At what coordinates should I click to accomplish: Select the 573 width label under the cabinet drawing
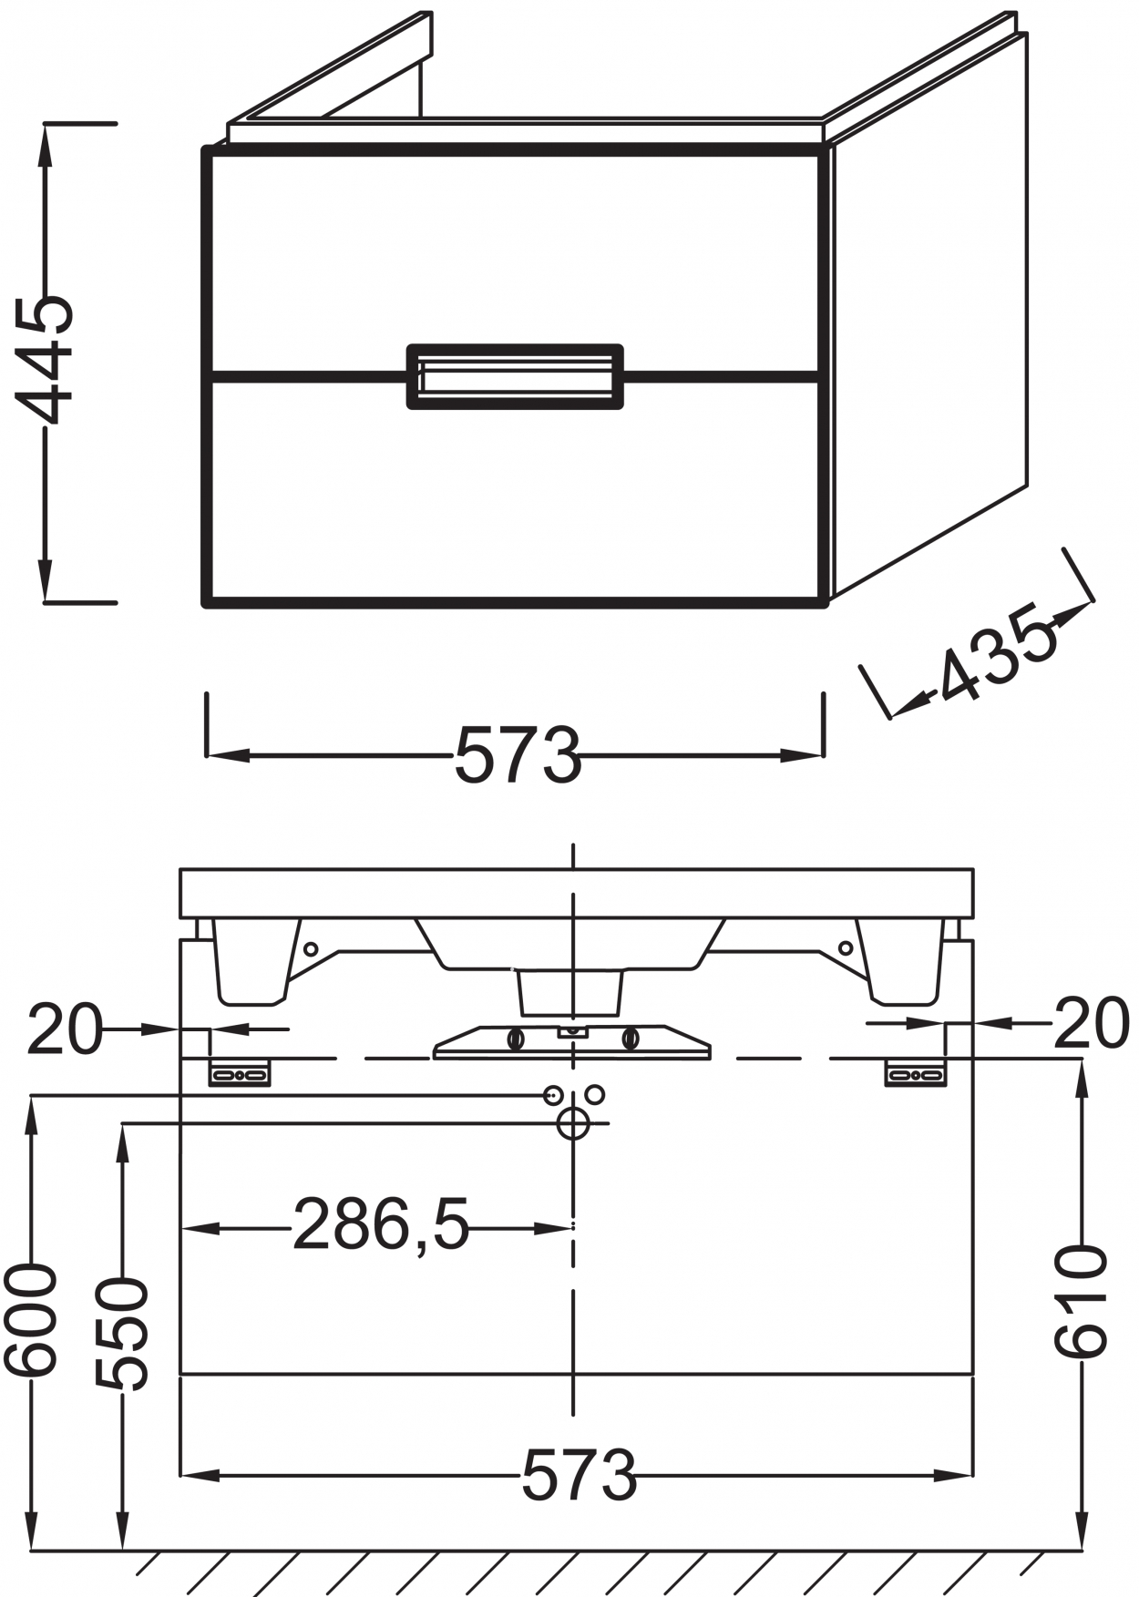(518, 755)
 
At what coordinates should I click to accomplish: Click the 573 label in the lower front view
(580, 1475)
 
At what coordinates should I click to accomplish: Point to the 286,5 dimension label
(381, 1225)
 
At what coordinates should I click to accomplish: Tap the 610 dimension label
(1081, 1303)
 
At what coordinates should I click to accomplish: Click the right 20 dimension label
(1092, 1023)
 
